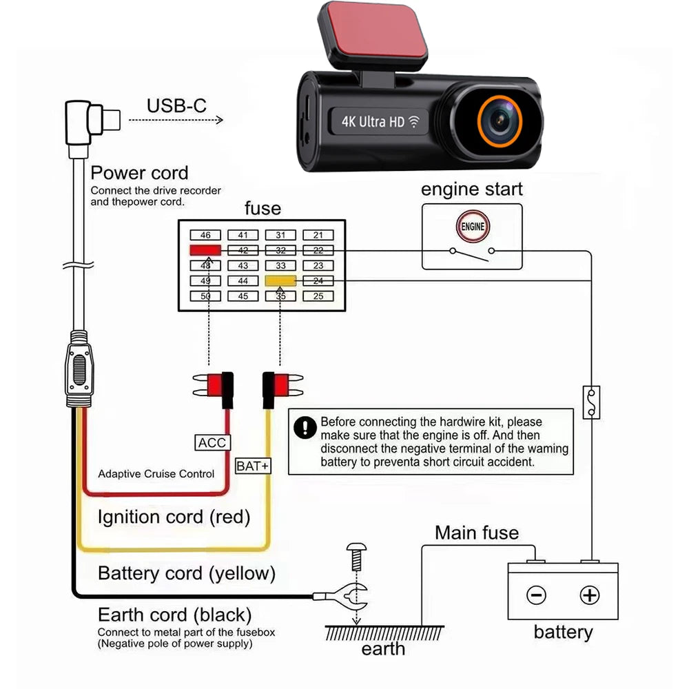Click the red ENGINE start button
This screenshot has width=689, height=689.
click(x=472, y=226)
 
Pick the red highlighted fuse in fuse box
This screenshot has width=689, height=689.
click(x=205, y=250)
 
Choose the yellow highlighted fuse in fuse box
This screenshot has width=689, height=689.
click(x=280, y=281)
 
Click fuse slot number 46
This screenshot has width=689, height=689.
click(x=205, y=236)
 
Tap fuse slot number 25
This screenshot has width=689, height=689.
click(x=318, y=296)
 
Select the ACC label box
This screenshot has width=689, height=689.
click(x=212, y=442)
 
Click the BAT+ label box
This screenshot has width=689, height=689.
click(x=253, y=466)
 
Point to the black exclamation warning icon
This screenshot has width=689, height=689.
click(x=304, y=428)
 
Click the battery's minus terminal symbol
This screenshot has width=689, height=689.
click(x=537, y=595)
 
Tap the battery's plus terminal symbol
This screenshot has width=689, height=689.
click(x=589, y=595)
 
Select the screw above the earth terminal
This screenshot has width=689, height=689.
click(x=356, y=555)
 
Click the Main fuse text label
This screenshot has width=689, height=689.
click(x=476, y=533)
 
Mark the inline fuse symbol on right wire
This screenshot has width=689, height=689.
click(x=589, y=402)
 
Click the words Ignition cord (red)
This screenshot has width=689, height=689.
click(x=174, y=517)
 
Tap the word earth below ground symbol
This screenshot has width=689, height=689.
click(x=384, y=648)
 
